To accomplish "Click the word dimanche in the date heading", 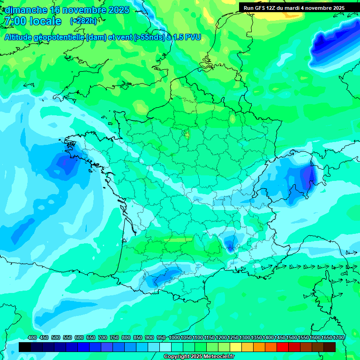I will tap(26, 10).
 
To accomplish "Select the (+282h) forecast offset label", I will tap(83, 21).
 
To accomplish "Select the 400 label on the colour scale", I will tap(32, 338).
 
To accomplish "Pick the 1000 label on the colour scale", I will tap(174, 338).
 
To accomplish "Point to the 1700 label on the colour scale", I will tap(338, 338).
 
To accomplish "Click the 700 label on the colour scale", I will tap(103, 338).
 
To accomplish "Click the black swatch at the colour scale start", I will tap(25, 347).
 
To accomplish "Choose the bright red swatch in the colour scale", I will tap(283, 347).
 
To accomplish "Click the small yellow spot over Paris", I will tap(187, 135).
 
